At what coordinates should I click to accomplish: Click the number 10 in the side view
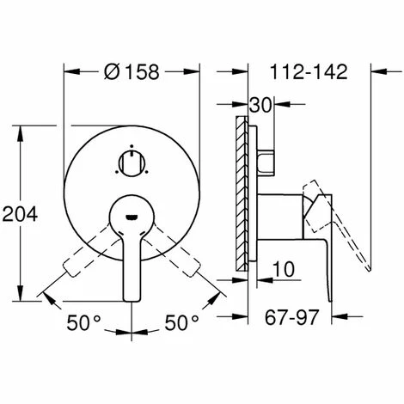click(280, 271)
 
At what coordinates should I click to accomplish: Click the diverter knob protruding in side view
click(263, 161)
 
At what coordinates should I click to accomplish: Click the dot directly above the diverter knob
click(131, 145)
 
